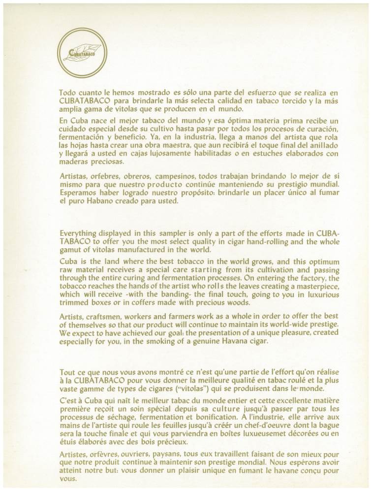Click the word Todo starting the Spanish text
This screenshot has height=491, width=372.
[67, 92]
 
